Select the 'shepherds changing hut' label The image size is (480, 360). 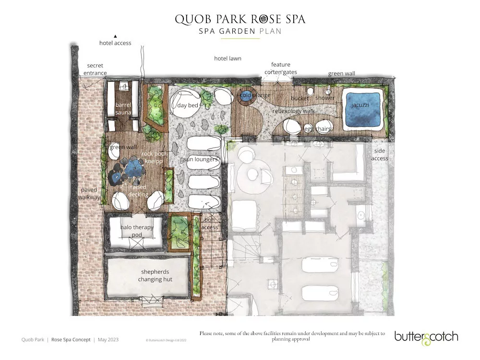pyautogui.click(x=155, y=276)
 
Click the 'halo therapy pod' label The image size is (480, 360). pyautogui.click(x=137, y=231)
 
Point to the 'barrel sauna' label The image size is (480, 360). pyautogui.click(x=123, y=108)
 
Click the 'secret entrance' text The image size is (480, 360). pyautogui.click(x=95, y=69)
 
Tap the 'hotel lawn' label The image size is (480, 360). pyautogui.click(x=228, y=59)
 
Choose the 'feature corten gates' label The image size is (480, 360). pyautogui.click(x=281, y=68)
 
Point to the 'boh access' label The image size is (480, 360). pyautogui.click(x=209, y=224)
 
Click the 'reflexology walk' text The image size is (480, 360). pyautogui.click(x=294, y=111)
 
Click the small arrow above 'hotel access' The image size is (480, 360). pyautogui.click(x=115, y=36)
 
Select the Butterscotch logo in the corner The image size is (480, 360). pyautogui.click(x=426, y=337)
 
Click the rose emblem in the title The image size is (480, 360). pyautogui.click(x=262, y=19)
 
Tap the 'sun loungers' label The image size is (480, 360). pyautogui.click(x=201, y=159)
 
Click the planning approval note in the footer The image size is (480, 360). pyautogui.click(x=292, y=336)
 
